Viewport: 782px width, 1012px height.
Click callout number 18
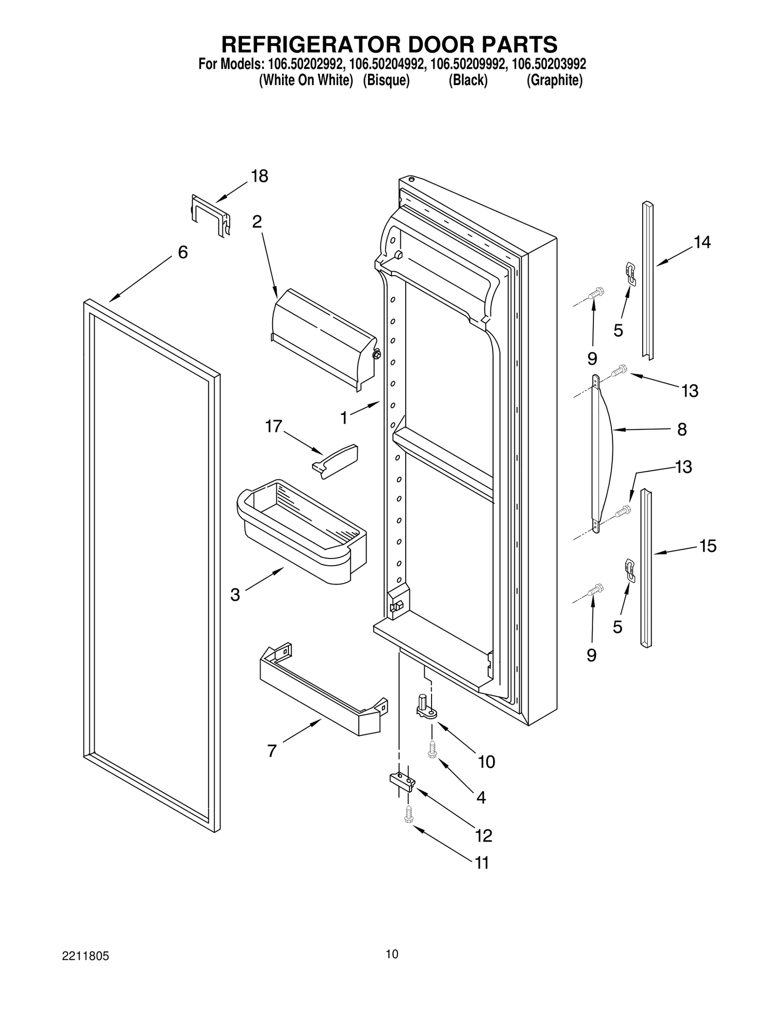pyautogui.click(x=260, y=176)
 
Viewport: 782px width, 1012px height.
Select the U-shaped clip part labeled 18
pyautogui.click(x=210, y=215)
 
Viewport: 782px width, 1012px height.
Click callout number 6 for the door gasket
pyautogui.click(x=182, y=253)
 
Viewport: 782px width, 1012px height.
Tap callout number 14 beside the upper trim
pyautogui.click(x=702, y=242)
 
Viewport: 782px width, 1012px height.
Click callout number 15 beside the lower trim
pyautogui.click(x=707, y=546)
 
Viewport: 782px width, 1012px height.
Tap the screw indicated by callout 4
pyautogui.click(x=432, y=749)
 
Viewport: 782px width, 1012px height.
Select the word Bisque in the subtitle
pyautogui.click(x=386, y=80)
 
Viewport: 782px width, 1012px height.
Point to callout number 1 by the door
pyautogui.click(x=344, y=418)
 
